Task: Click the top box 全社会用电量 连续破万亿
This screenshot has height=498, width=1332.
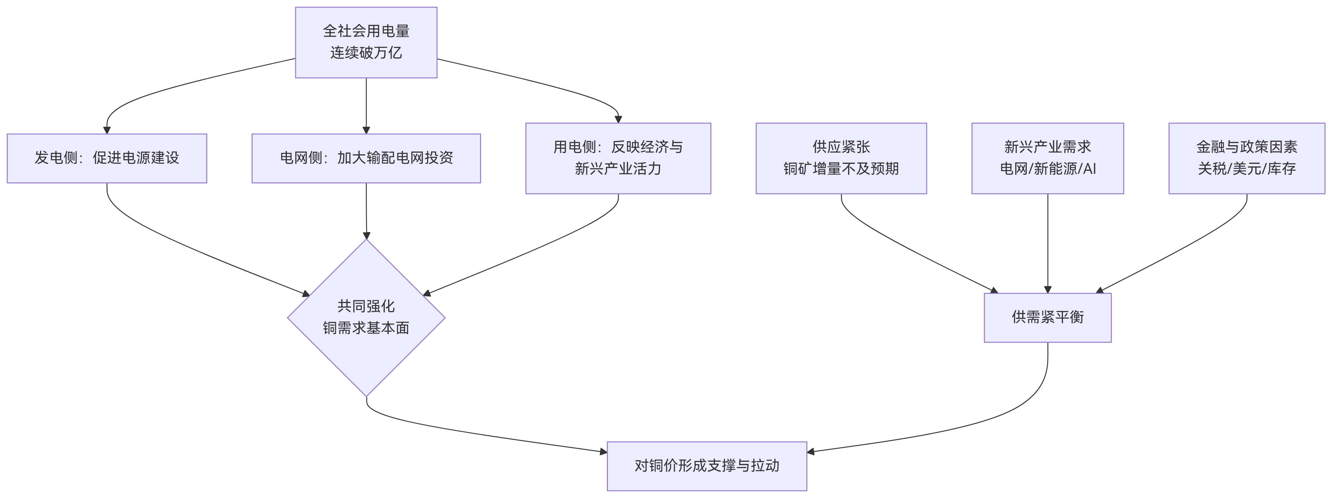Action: coord(366,42)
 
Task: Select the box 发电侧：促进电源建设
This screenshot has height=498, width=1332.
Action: coord(106,158)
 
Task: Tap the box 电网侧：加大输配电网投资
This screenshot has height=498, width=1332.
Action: coord(366,158)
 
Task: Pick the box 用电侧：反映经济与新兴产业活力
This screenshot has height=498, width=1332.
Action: coord(618,158)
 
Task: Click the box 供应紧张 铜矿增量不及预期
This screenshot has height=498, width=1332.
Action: coord(841,158)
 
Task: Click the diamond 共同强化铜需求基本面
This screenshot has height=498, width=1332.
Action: coord(366,317)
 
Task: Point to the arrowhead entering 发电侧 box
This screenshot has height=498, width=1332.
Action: coord(106,130)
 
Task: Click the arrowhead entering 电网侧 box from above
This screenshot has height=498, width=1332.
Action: coord(366,130)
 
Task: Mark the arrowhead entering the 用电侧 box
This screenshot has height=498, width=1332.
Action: coord(618,119)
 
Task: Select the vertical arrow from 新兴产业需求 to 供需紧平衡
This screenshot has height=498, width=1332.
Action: coord(1048,243)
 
